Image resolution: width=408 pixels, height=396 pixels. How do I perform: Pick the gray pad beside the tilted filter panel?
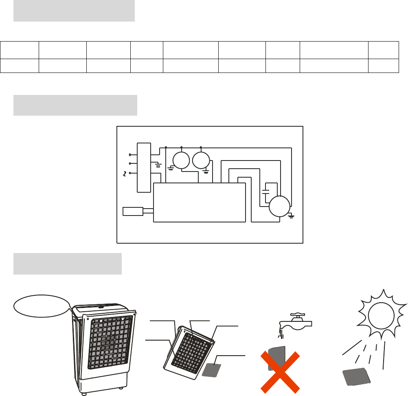(x=212, y=364)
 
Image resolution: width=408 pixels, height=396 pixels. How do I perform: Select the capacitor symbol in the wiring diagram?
(x=266, y=191)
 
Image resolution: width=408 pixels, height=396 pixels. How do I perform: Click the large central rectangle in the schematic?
(x=200, y=202)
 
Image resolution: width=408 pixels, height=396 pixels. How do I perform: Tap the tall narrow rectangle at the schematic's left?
(x=144, y=167)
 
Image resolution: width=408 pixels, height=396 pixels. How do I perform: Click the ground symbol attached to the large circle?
(x=291, y=215)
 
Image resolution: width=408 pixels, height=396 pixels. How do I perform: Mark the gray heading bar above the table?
(x=74, y=11)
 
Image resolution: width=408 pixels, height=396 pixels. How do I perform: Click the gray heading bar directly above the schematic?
(x=75, y=106)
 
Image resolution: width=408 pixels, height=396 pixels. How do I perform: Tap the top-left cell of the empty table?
(x=20, y=50)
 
